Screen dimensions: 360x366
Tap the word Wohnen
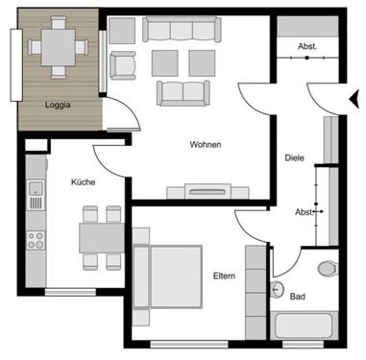coord(206,145)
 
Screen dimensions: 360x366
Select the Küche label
coord(83,181)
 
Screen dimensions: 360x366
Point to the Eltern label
coord(225,276)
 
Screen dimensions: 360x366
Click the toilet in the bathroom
coord(327,268)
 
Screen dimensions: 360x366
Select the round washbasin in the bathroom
coord(278,289)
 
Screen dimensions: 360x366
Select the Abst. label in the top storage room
coord(307,46)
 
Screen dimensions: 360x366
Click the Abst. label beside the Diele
coord(304,211)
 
